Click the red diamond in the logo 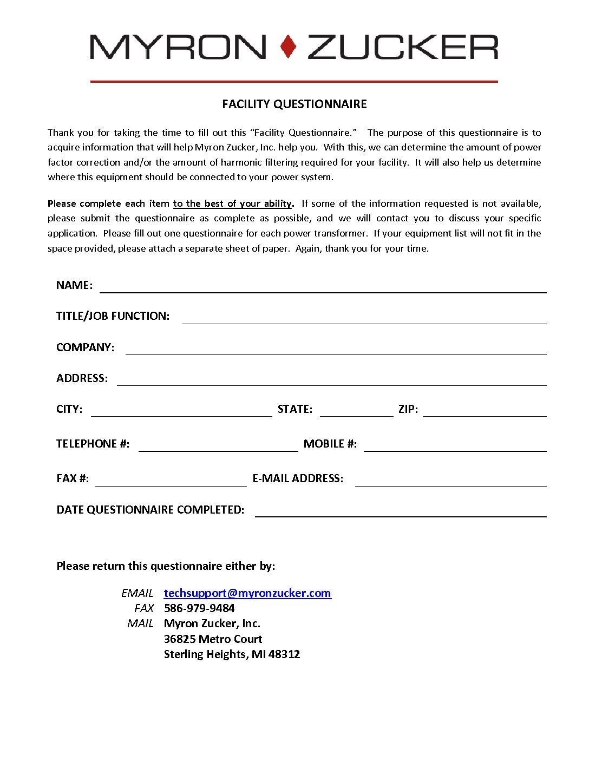[x=289, y=47]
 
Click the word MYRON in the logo [x=178, y=47]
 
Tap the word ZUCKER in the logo [x=403, y=47]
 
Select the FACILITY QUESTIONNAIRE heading [x=294, y=104]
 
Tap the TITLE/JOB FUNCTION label [x=113, y=316]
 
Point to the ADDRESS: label [x=82, y=378]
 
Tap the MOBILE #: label [x=330, y=444]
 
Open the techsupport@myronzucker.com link [x=247, y=593]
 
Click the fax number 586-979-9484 [x=199, y=608]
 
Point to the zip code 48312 [x=284, y=654]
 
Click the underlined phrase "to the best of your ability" [x=232, y=203]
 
